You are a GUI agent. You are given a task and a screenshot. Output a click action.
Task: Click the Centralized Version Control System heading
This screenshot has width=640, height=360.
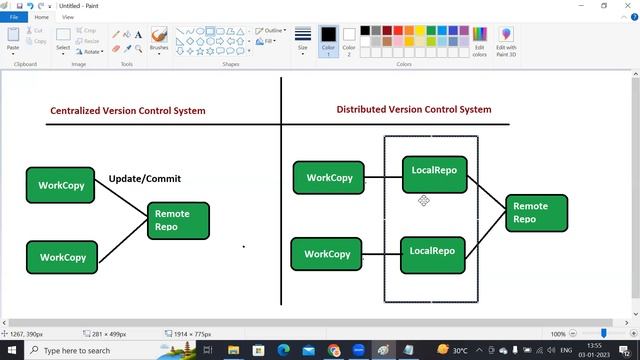pos(128,111)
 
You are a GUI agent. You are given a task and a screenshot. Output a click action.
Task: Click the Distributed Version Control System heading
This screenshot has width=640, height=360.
pos(414,110)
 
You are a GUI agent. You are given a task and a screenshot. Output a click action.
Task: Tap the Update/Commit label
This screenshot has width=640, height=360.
pos(145,179)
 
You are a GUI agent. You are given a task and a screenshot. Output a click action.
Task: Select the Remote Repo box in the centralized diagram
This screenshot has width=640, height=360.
pos(179,220)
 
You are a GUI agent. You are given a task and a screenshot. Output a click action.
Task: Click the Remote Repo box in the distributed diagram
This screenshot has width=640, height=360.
pos(536,213)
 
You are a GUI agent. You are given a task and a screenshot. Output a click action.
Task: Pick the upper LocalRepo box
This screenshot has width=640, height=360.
pos(434,172)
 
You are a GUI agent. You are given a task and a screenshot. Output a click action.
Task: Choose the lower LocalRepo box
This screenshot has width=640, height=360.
pos(433,252)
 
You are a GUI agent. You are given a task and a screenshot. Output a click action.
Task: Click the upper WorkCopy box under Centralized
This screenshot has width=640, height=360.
pos(61,185)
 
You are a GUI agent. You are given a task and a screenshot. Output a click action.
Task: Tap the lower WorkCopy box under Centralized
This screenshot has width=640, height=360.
pos(62,257)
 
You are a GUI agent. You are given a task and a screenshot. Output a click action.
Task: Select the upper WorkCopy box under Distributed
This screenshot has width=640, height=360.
pos(329,178)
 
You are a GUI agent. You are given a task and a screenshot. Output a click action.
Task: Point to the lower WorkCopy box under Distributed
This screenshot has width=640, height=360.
pos(327,254)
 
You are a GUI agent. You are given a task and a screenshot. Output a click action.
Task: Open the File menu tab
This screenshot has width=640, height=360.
pos(14,17)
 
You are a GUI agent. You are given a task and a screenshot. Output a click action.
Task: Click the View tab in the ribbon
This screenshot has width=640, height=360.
pos(68,17)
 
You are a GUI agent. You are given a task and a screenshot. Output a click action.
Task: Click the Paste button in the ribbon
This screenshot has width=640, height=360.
pos(13,40)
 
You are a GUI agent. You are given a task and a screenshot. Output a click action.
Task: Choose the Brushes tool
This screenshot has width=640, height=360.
pos(159,40)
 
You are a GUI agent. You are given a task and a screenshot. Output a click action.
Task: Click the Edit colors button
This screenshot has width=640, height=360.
pos(480,41)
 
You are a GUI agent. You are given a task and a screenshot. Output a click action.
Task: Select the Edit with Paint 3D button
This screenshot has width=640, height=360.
pos(506,41)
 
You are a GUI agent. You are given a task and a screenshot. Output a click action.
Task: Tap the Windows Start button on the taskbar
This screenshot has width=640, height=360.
pos(11,351)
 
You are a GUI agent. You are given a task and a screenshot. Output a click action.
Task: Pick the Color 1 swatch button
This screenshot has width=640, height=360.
pos(328,40)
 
